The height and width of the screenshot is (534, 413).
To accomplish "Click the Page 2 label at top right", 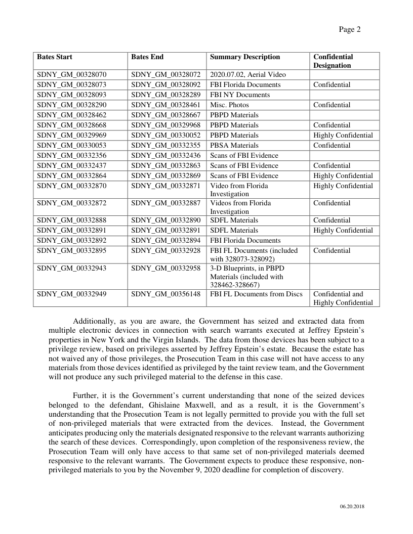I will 349,29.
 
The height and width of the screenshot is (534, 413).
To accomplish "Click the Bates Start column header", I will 55,57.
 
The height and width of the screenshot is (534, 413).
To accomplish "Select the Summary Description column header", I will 244,57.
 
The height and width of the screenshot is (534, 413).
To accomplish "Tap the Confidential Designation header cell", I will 333,61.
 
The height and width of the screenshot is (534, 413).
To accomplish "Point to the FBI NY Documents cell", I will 240,95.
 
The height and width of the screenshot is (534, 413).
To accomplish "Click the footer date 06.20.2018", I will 352,507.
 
